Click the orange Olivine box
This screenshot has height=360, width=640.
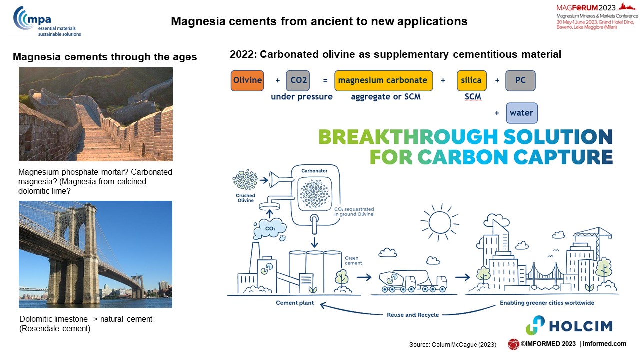tap(247, 81)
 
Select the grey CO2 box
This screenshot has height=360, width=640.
tap(298, 81)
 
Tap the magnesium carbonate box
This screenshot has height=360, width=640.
tap(383, 81)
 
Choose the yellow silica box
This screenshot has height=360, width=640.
tap(471, 81)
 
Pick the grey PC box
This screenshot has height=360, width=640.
tap(520, 81)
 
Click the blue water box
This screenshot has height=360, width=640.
tap(521, 113)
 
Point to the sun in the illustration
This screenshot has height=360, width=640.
tap(440, 223)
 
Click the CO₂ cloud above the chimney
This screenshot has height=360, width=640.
tap(270, 228)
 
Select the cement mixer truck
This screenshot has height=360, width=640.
tap(413, 281)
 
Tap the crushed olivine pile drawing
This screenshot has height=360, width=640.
tap(245, 180)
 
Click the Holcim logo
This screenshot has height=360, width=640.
tap(569, 325)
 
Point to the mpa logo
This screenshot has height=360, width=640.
tap(47, 22)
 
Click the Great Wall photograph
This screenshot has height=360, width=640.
tap(96, 114)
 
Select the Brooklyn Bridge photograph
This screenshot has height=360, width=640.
tap(95, 255)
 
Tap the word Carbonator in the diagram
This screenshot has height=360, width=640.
tap(314, 171)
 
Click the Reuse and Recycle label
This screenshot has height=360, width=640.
tap(413, 315)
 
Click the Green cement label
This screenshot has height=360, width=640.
tap(353, 261)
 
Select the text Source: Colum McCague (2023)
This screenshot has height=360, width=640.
tap(453, 345)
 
